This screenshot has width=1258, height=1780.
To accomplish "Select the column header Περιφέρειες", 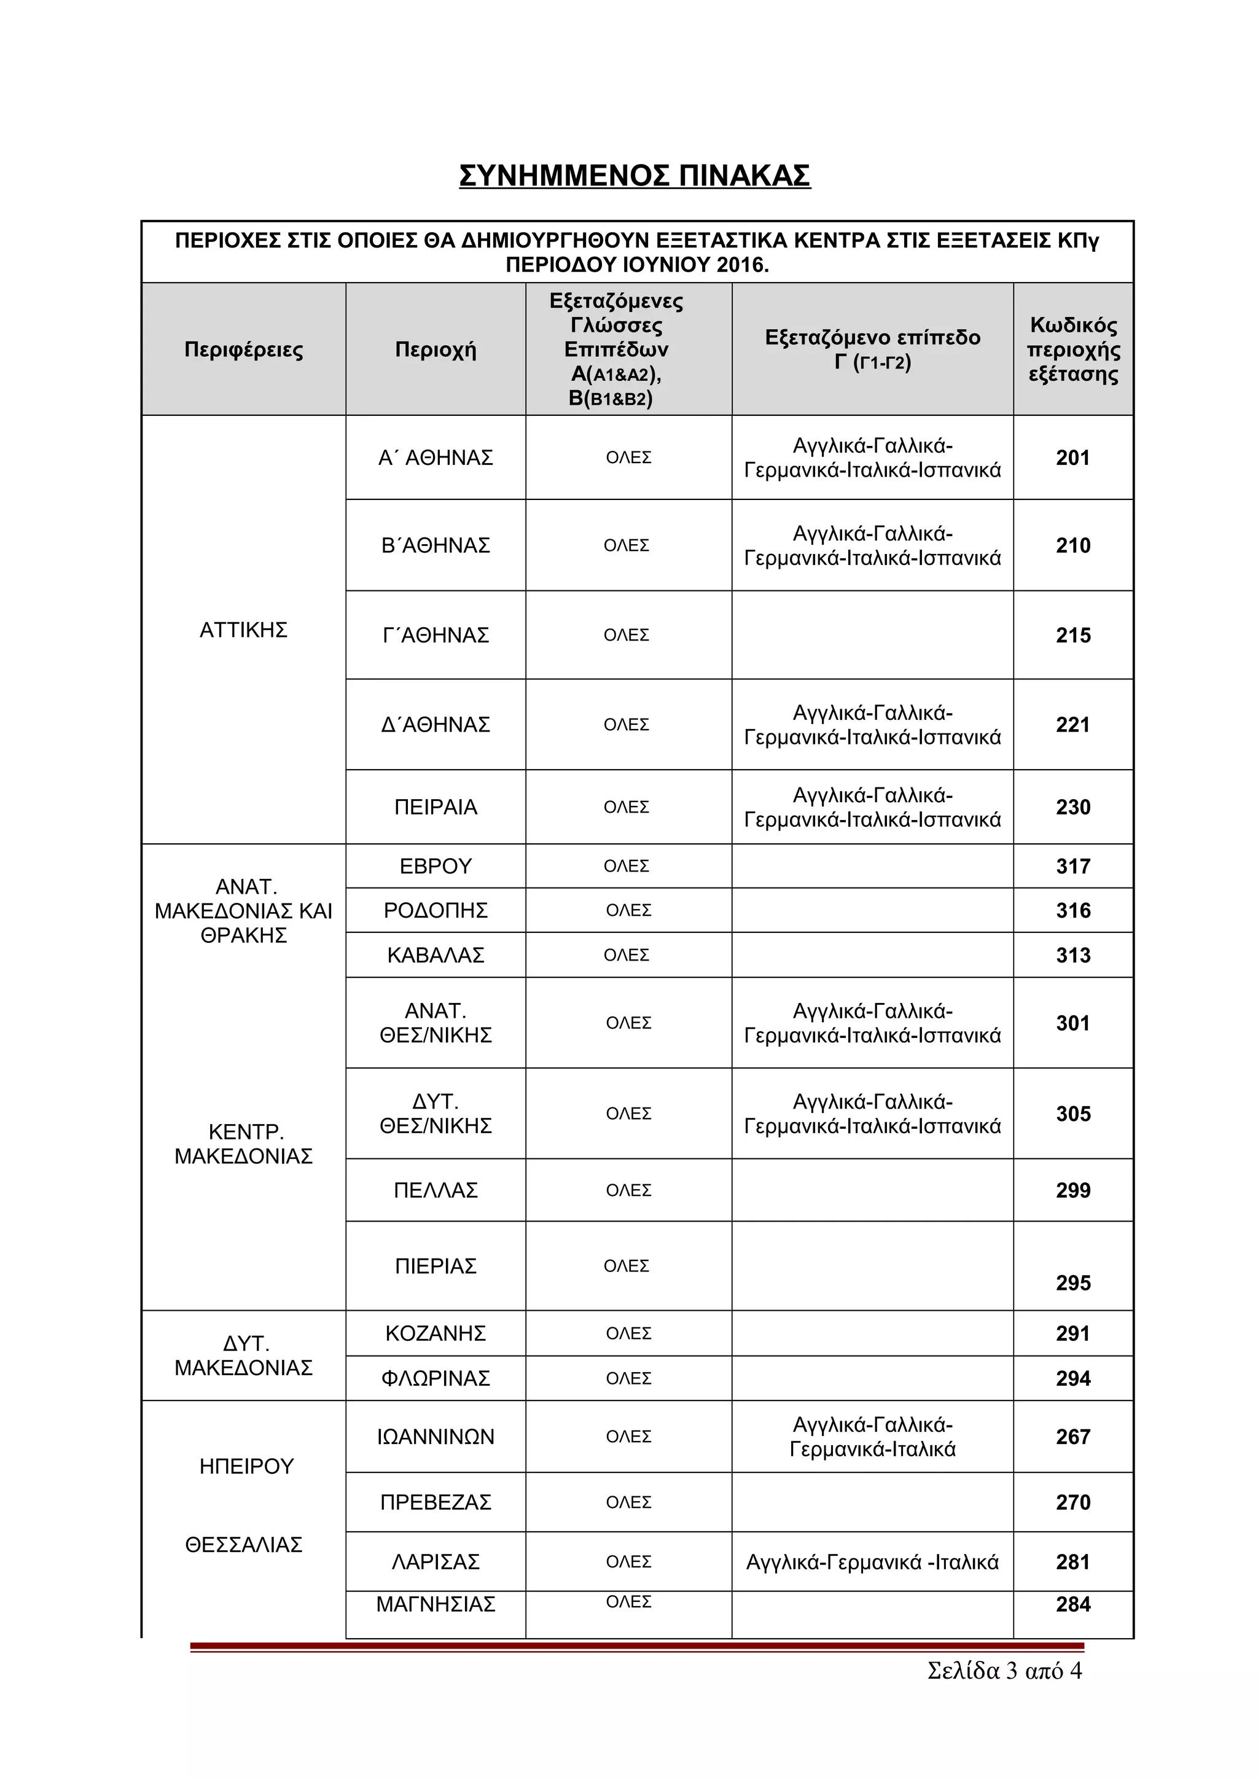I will [x=243, y=349].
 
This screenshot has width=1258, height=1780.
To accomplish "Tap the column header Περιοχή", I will [x=435, y=349].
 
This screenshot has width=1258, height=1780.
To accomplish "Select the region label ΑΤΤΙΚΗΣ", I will [x=243, y=630].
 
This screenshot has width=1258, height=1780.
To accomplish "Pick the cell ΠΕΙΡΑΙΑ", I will [x=435, y=808].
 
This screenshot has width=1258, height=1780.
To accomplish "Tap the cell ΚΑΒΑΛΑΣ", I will [x=435, y=955].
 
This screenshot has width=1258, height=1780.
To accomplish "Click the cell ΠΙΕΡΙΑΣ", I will [x=435, y=1266].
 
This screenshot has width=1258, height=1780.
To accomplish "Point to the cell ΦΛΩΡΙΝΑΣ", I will [x=435, y=1378].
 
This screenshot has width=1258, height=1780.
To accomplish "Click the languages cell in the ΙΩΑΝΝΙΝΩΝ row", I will [x=872, y=1437].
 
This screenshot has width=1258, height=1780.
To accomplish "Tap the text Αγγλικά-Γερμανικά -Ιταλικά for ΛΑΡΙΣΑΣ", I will [x=872, y=1562].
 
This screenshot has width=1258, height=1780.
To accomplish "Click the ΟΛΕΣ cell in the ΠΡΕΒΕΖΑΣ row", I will [x=628, y=1502].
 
